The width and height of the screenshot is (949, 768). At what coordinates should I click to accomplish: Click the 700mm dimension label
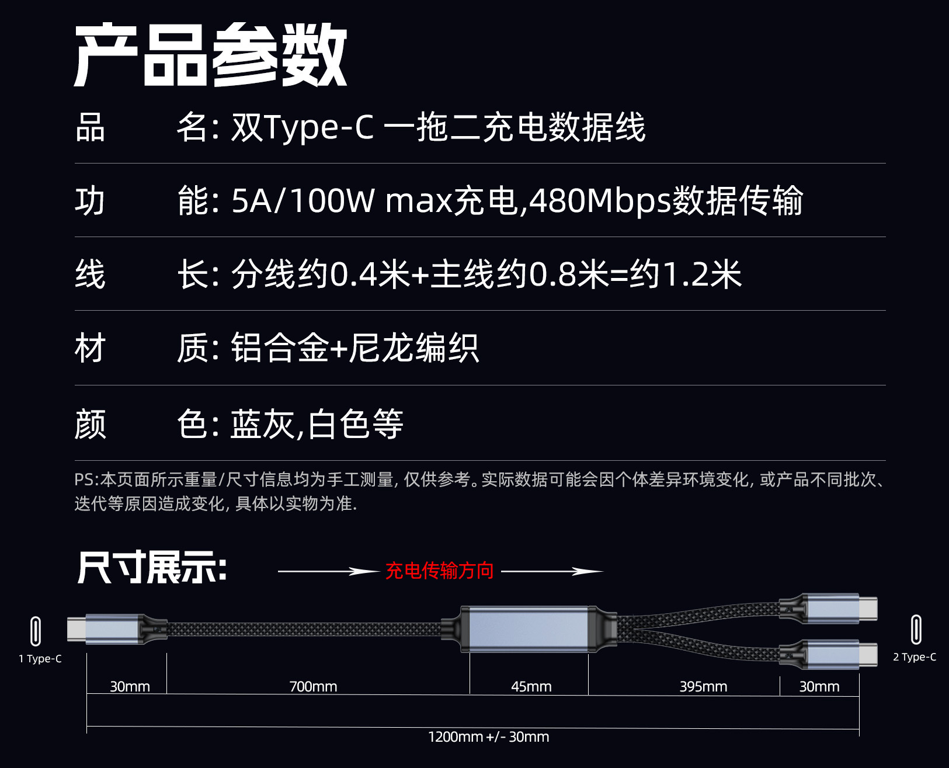click(313, 686)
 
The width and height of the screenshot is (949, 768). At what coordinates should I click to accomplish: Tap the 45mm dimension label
click(531, 686)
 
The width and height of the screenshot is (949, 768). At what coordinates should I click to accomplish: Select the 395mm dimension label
click(703, 686)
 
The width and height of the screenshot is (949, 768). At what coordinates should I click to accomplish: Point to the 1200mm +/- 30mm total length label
click(488, 736)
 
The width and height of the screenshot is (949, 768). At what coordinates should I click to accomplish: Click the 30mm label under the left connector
click(130, 686)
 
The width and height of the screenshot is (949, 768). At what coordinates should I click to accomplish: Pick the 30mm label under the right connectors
click(819, 686)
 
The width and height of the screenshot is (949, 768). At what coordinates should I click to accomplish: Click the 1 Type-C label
click(40, 659)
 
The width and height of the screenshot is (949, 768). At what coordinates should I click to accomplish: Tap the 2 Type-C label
click(914, 657)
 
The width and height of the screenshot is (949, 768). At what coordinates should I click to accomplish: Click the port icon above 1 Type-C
click(36, 631)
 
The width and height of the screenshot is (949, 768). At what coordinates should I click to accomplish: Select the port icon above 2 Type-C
click(916, 630)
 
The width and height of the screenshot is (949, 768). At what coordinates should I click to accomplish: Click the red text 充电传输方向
click(439, 571)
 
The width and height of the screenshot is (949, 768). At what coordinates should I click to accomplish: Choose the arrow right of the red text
click(551, 571)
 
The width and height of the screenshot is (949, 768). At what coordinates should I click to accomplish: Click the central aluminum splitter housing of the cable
click(529, 629)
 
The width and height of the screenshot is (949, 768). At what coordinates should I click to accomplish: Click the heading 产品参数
click(211, 55)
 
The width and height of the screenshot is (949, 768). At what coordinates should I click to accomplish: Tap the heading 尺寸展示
click(151, 568)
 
